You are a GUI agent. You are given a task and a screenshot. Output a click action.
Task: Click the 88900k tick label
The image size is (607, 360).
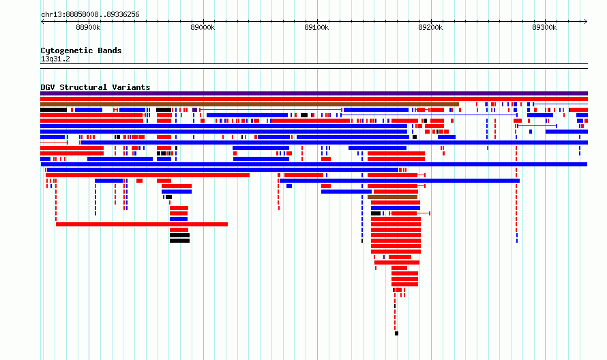click(88, 27)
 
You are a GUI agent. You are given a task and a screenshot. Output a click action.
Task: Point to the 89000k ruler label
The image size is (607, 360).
click(203, 27)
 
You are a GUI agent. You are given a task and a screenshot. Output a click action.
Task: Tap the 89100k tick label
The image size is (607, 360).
click(316, 27)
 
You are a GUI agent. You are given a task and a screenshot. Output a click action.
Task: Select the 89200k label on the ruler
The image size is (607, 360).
click(430, 27)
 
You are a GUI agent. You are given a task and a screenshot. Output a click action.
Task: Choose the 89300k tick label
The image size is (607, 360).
click(544, 27)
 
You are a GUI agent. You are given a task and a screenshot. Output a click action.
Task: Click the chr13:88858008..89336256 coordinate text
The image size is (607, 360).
click(90, 15)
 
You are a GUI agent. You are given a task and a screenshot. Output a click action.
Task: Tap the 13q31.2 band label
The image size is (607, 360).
click(55, 59)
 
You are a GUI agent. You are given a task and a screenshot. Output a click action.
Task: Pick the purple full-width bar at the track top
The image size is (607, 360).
click(314, 93)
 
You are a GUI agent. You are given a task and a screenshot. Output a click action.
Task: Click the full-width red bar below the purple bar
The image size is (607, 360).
click(314, 99)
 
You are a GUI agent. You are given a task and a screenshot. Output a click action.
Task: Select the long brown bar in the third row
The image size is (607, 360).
click(250, 104)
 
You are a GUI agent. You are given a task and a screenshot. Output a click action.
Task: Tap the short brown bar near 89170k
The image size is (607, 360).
click(393, 197)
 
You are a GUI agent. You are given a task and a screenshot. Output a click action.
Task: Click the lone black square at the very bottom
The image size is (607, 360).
click(396, 333)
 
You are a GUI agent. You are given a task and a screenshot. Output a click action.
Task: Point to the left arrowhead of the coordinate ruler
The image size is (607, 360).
click(42, 22)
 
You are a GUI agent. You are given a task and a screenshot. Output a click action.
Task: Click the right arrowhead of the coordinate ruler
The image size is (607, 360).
click(586, 22)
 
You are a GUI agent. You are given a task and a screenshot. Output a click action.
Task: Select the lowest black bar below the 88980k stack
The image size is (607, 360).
click(179, 241)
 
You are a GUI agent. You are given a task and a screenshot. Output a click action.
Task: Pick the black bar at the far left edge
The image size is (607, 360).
click(53, 110)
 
